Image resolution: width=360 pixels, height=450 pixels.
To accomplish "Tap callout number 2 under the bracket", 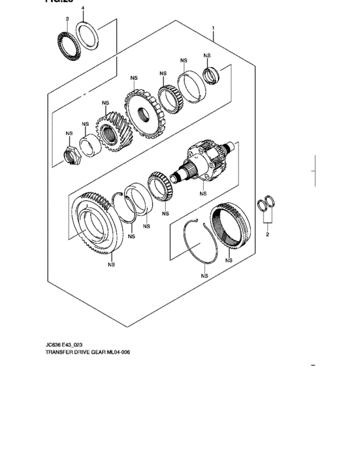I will [267, 235].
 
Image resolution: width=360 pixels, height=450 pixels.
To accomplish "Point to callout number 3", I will [67, 19].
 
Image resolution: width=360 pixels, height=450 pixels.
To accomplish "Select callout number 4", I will [82, 8].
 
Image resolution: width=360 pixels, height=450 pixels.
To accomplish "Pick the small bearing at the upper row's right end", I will [210, 75].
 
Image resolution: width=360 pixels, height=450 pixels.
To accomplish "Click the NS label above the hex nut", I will [69, 134].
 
